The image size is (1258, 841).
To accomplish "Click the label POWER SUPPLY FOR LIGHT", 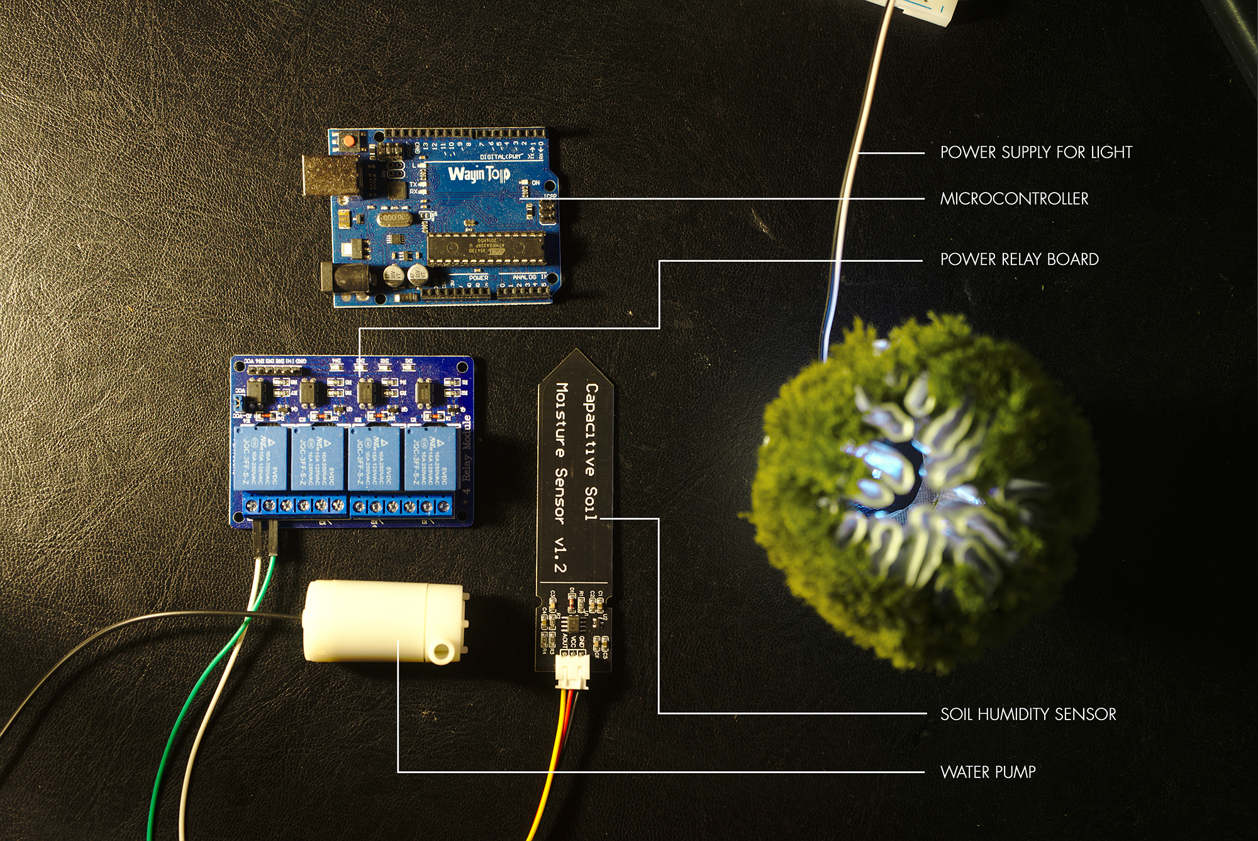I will pos(1036,152).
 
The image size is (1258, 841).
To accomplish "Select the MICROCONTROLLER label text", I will pos(1014,199).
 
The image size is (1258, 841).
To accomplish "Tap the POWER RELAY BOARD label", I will pos(1019,259).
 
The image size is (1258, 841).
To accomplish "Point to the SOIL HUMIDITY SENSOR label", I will pos(1028,714).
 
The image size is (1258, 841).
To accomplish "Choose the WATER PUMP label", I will pos(988,772).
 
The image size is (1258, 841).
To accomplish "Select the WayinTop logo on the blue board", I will pos(479,173).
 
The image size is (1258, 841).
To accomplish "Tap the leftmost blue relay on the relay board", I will pos(261,458).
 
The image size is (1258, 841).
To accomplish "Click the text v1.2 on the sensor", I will pos(559,555).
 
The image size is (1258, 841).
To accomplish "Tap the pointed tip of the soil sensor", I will pos(576,356).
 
